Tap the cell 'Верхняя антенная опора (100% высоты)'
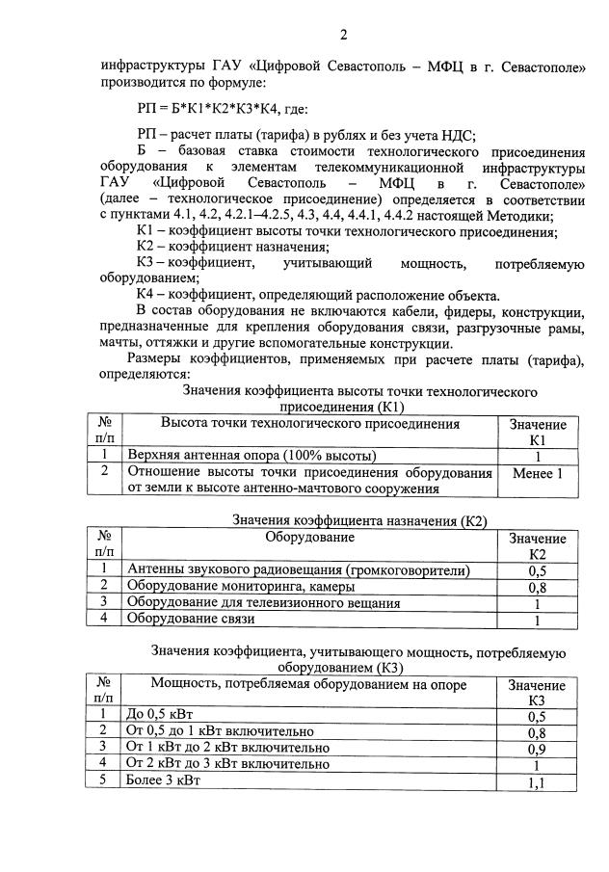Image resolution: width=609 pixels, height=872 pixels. tap(252, 455)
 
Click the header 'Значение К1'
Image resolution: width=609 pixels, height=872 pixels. tap(537, 432)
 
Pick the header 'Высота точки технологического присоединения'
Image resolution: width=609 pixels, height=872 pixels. tap(309, 424)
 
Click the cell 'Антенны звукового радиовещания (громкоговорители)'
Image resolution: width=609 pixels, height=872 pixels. tap(298, 570)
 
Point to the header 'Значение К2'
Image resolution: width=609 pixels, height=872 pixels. tap(537, 546)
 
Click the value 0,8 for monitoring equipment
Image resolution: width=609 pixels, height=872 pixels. tap(537, 587)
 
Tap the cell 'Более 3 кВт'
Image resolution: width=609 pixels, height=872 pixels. tap(163, 780)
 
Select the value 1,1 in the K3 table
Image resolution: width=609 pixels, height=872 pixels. tap(537, 781)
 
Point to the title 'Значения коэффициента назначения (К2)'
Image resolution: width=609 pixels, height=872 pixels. tap(359, 520)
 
